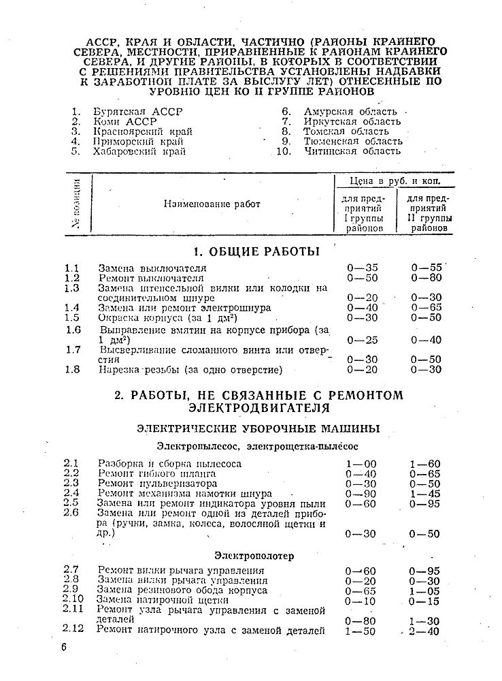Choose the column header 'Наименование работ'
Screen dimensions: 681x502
pyautogui.click(x=212, y=204)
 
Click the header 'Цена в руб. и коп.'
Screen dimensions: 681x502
pyautogui.click(x=395, y=182)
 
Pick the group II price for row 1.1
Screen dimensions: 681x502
pyautogui.click(x=426, y=268)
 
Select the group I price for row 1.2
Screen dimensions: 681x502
pyautogui.click(x=362, y=278)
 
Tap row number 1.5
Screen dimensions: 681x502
pyautogui.click(x=72, y=317)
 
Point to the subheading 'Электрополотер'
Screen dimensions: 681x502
pyautogui.click(x=254, y=556)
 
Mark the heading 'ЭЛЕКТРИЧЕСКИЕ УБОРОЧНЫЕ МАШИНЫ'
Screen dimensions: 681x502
pyautogui.click(x=248, y=428)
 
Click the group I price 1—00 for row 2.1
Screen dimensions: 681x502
pyautogui.click(x=361, y=464)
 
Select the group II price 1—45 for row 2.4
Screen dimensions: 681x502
pyautogui.click(x=425, y=494)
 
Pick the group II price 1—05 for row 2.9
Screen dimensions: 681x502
pyautogui.click(x=425, y=590)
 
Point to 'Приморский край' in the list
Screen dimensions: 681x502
pyautogui.click(x=139, y=142)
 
